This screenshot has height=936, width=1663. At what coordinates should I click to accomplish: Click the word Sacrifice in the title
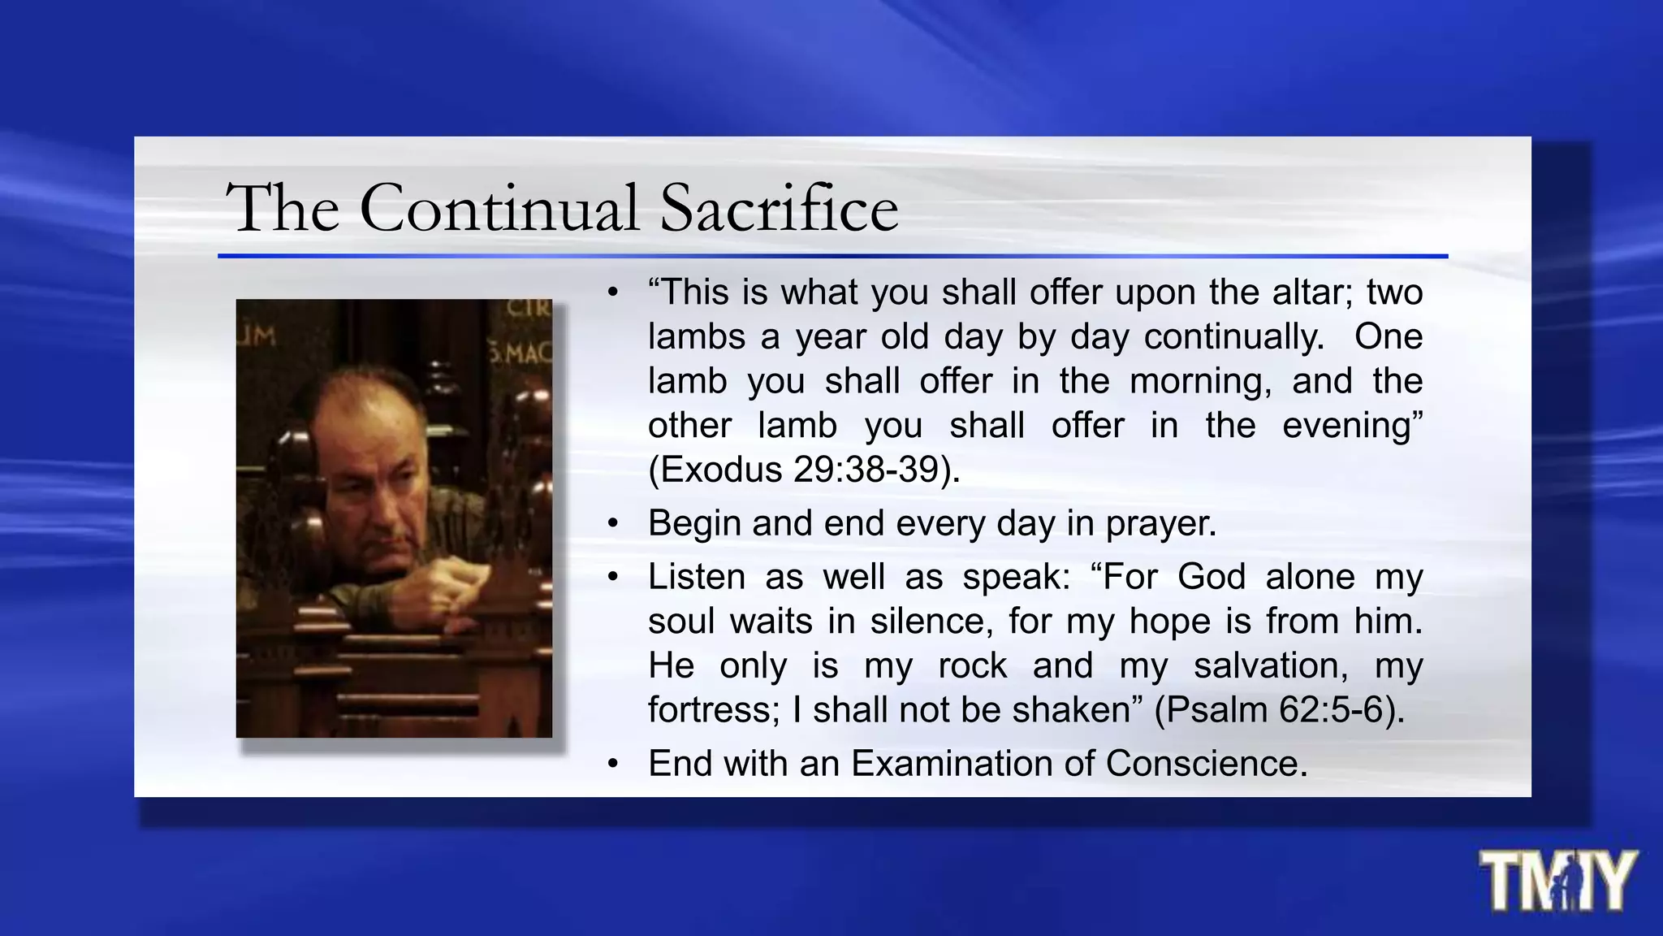click(779, 208)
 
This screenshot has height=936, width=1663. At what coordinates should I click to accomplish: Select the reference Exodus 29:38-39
click(804, 470)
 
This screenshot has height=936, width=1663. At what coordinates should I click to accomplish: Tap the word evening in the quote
click(1351, 426)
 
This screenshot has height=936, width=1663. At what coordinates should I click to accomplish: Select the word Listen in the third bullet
click(696, 577)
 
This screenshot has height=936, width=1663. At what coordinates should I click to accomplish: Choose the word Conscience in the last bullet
click(1205, 764)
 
